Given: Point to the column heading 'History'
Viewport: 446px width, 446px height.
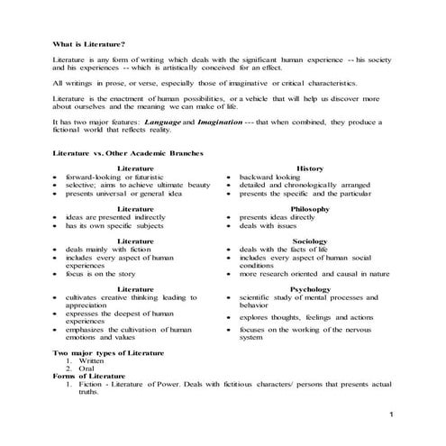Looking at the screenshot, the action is (309, 168).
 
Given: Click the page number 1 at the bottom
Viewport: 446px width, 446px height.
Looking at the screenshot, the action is (393, 413).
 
